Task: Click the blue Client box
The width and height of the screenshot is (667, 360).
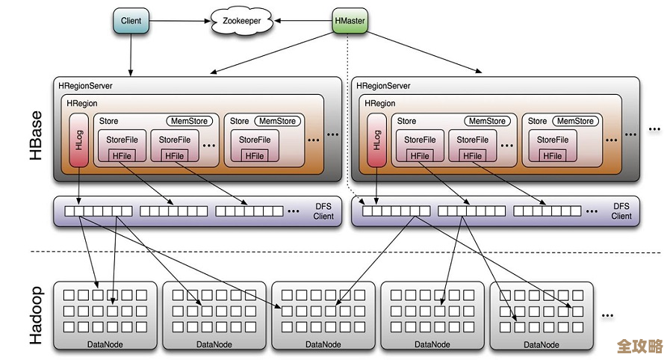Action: (x=131, y=21)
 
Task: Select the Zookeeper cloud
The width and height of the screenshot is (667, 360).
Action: (x=242, y=21)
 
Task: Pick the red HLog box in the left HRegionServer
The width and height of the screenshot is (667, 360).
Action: (x=78, y=140)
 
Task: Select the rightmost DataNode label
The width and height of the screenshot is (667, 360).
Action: (x=542, y=344)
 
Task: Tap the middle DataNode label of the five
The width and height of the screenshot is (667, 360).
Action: (x=323, y=344)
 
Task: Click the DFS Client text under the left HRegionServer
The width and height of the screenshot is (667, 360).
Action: (x=323, y=211)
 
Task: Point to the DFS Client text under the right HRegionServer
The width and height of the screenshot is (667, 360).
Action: (x=621, y=211)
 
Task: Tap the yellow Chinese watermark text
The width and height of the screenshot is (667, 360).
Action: (x=640, y=347)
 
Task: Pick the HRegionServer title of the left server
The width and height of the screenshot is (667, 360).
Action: (x=85, y=86)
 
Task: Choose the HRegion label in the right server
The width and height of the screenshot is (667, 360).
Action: (x=380, y=103)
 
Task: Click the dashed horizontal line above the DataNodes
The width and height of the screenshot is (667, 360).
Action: (x=336, y=252)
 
